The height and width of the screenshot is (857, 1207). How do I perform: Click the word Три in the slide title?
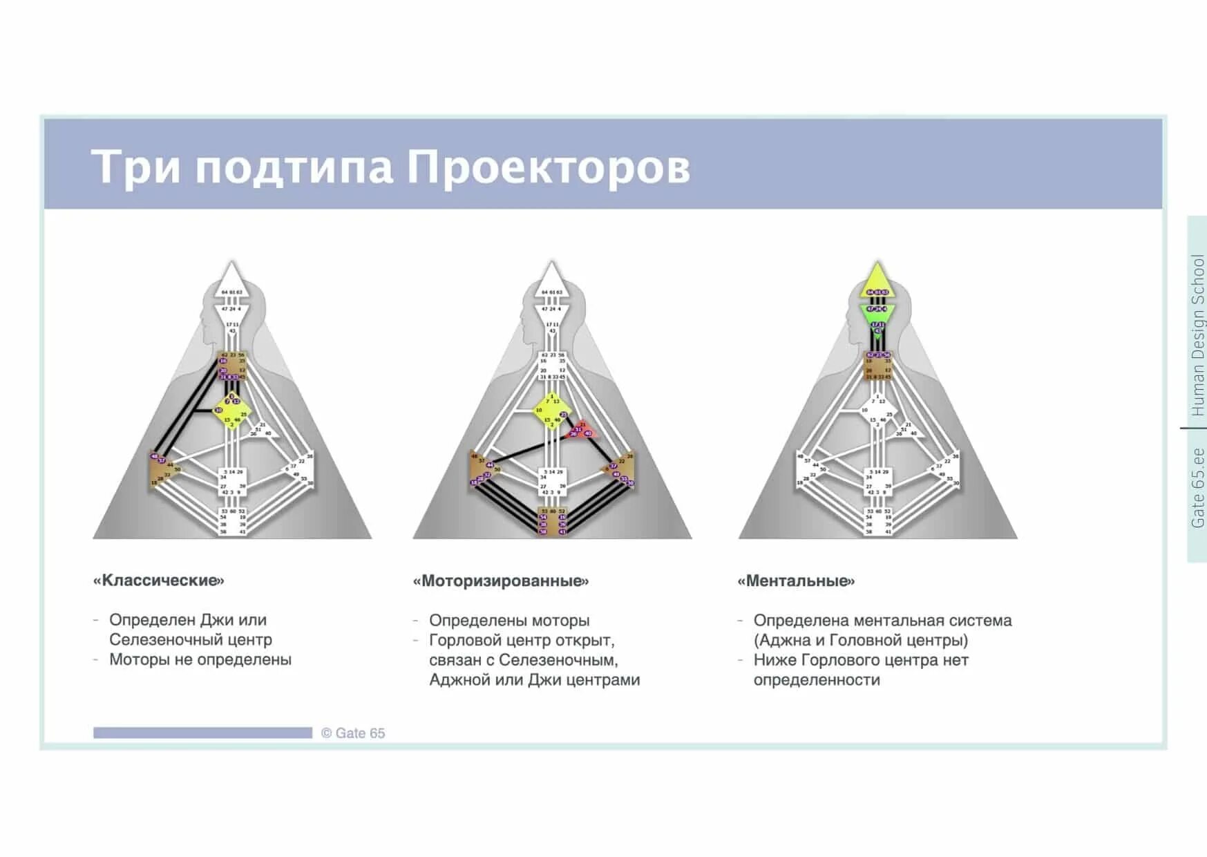135,167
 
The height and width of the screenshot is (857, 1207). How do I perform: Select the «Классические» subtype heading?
159,580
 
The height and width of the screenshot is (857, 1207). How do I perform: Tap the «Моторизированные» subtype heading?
501,581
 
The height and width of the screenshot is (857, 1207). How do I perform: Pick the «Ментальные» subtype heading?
796,581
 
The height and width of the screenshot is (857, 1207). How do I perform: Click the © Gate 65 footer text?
353,733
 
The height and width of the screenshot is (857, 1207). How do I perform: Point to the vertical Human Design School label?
1197,335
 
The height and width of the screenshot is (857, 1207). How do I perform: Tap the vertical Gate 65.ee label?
1197,488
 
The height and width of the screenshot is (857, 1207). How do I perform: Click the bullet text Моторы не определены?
200,659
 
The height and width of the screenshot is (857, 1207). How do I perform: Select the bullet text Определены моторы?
509,621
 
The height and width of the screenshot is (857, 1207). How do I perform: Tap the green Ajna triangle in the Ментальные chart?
877,315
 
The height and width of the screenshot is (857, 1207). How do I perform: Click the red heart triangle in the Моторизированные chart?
580,431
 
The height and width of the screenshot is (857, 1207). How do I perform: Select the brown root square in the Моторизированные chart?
552,520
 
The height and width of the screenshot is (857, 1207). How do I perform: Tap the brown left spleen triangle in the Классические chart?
163,470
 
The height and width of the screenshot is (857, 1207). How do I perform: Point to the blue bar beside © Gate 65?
202,733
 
